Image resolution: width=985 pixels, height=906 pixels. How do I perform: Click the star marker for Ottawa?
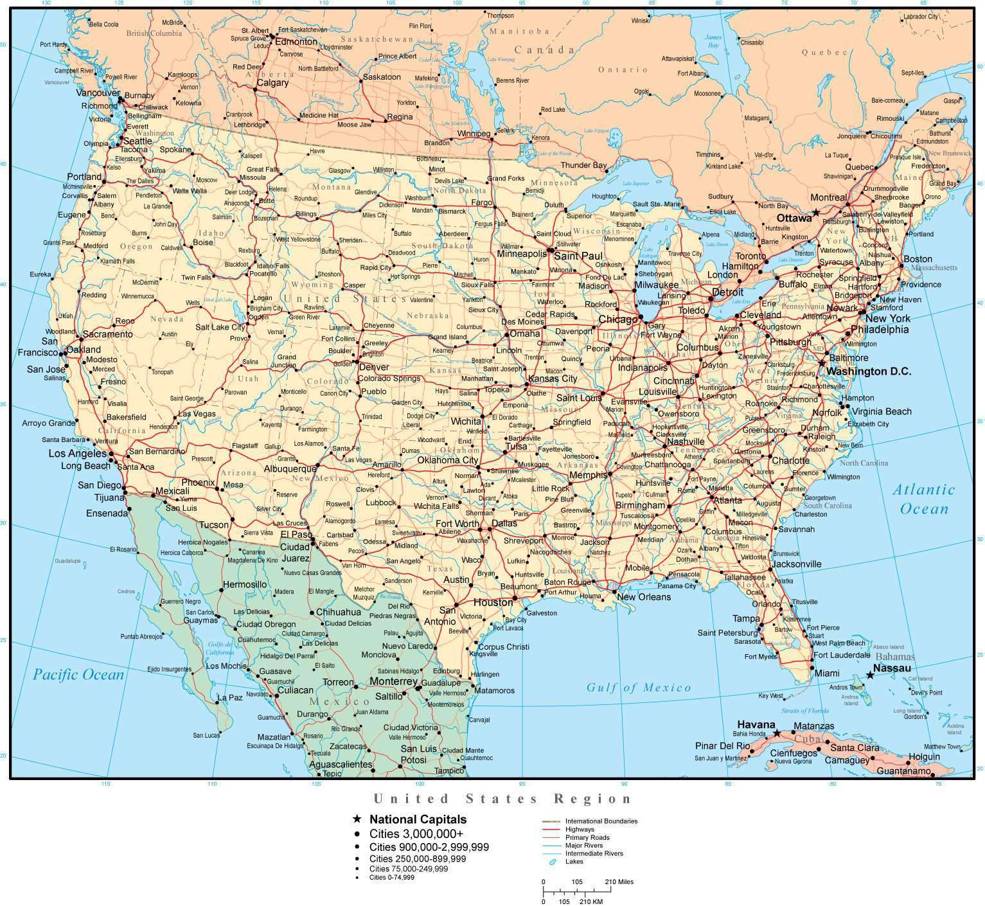pyautogui.click(x=815, y=212)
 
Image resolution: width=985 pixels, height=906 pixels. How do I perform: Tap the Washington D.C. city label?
pyautogui.click(x=869, y=371)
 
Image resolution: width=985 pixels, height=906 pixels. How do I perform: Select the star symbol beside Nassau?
pyautogui.click(x=870, y=675)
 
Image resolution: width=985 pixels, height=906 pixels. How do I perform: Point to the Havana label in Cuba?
pyautogui.click(x=756, y=724)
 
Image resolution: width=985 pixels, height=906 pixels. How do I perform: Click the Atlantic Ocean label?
pyautogui.click(x=924, y=499)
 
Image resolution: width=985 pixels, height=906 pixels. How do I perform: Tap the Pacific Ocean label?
pyautogui.click(x=78, y=675)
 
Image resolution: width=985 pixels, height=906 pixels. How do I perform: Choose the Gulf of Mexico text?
pyautogui.click(x=639, y=688)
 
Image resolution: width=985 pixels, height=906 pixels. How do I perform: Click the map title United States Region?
pyautogui.click(x=503, y=799)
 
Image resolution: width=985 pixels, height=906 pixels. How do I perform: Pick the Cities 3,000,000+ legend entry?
pyautogui.click(x=416, y=833)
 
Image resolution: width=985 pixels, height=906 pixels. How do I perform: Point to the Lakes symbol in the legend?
pyautogui.click(x=551, y=862)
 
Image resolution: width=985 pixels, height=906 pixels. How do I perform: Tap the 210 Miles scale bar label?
pyautogui.click(x=619, y=882)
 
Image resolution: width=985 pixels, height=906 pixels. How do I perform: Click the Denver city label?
pyautogui.click(x=373, y=367)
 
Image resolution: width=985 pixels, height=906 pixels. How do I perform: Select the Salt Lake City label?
pyautogui.click(x=220, y=327)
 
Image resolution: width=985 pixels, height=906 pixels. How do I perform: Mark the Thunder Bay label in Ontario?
pyautogui.click(x=583, y=165)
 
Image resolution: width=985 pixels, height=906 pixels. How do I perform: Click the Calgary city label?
pyautogui.click(x=272, y=83)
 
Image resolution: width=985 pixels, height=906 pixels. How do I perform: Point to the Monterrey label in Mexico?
pyautogui.click(x=394, y=681)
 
